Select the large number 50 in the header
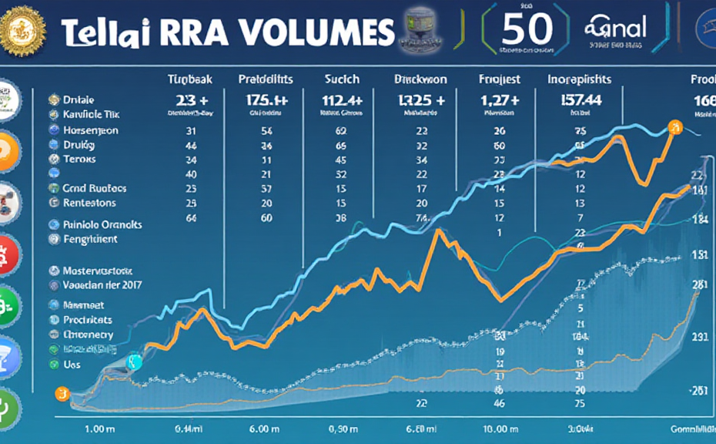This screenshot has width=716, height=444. pyautogui.click(x=527, y=29)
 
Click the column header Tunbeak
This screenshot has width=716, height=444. pyautogui.click(x=190, y=79)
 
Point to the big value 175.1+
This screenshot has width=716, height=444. pyautogui.click(x=266, y=100)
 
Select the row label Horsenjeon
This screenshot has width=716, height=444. pyautogui.click(x=91, y=130)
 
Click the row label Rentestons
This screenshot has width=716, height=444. pyautogui.click(x=89, y=203)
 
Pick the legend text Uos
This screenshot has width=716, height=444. pyautogui.click(x=72, y=364)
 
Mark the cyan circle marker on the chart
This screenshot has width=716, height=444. pyautogui.click(x=134, y=362)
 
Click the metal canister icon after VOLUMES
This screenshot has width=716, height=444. pyautogui.click(x=419, y=32)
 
